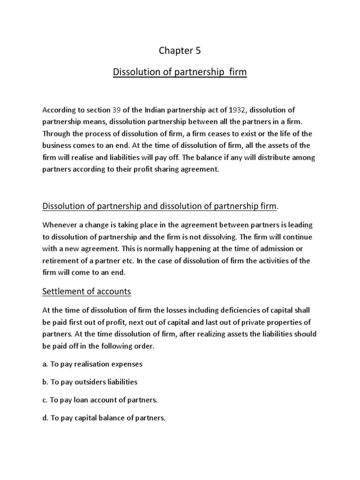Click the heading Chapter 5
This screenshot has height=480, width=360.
point(180,51)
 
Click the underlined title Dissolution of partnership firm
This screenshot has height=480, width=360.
point(180,73)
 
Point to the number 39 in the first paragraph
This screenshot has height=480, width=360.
point(116,110)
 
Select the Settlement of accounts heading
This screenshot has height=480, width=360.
point(87,292)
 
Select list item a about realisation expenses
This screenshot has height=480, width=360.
point(92,364)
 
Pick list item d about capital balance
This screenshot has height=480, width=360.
point(104,418)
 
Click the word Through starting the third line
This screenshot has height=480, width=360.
point(56,134)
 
